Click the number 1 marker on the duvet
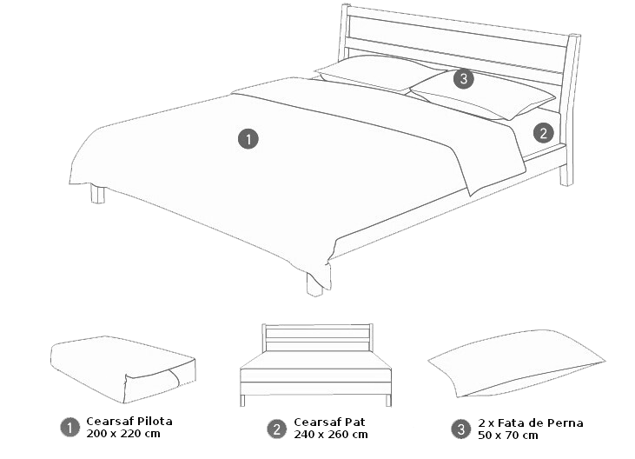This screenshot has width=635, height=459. (x=248, y=139)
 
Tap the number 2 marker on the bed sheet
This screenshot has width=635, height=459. (x=543, y=133)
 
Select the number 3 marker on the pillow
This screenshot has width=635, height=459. (x=463, y=78)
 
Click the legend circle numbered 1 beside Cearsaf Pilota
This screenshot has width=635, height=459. (x=70, y=428)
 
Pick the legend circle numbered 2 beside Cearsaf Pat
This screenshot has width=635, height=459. (x=277, y=429)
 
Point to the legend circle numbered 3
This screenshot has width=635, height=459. (x=461, y=429)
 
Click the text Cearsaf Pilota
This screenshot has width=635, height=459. (x=129, y=422)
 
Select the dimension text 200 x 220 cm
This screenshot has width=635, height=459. (x=123, y=434)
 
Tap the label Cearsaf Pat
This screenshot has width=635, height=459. (x=329, y=422)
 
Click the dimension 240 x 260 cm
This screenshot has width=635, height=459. (x=331, y=435)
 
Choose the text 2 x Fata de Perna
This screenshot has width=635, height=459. (x=531, y=423)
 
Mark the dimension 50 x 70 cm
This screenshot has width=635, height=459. (x=508, y=436)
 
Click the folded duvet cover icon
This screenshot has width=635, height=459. (x=123, y=369)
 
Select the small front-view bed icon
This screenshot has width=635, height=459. (x=315, y=364)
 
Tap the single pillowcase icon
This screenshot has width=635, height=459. (x=516, y=363)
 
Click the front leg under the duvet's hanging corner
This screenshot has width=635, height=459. (x=314, y=285)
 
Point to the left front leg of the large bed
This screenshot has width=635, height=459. (x=97, y=194)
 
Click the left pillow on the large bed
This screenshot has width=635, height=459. (x=379, y=72)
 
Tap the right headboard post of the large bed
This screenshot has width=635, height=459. (x=569, y=110)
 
